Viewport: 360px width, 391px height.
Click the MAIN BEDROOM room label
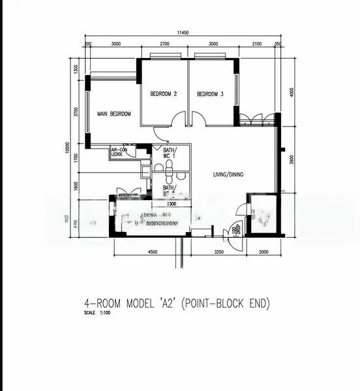(x=114, y=114)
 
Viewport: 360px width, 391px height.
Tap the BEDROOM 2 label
(x=164, y=94)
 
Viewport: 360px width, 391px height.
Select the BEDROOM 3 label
(x=210, y=94)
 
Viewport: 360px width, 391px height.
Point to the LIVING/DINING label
(x=228, y=174)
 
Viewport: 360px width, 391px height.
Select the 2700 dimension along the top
(x=164, y=44)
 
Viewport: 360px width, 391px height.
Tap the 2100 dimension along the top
(x=257, y=44)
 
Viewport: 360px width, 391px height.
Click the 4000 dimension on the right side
(x=292, y=91)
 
